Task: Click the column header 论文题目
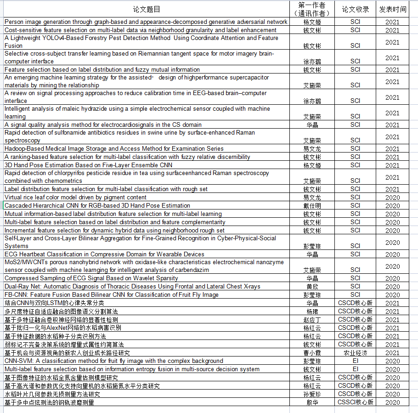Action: click(x=147, y=9)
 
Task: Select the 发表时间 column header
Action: click(x=393, y=9)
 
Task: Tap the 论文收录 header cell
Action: click(x=355, y=9)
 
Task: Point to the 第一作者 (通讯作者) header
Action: click(x=312, y=9)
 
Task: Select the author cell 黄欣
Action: click(x=312, y=287)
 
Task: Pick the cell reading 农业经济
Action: click(x=355, y=353)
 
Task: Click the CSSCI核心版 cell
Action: click(x=355, y=402)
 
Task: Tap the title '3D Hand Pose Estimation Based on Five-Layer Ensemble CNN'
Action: click(x=89, y=165)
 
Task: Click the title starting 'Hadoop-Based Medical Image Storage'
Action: click(x=114, y=149)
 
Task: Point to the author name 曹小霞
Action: click(x=312, y=353)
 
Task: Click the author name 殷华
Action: click(x=312, y=402)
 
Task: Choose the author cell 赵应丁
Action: click(x=312, y=320)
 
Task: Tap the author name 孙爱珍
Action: click(x=312, y=394)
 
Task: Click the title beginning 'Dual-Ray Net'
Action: click(x=132, y=287)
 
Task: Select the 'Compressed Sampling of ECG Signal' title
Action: click(x=91, y=278)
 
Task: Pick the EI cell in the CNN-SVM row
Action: click(x=355, y=361)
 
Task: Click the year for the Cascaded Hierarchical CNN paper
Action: click(x=393, y=206)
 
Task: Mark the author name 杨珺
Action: click(x=312, y=311)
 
